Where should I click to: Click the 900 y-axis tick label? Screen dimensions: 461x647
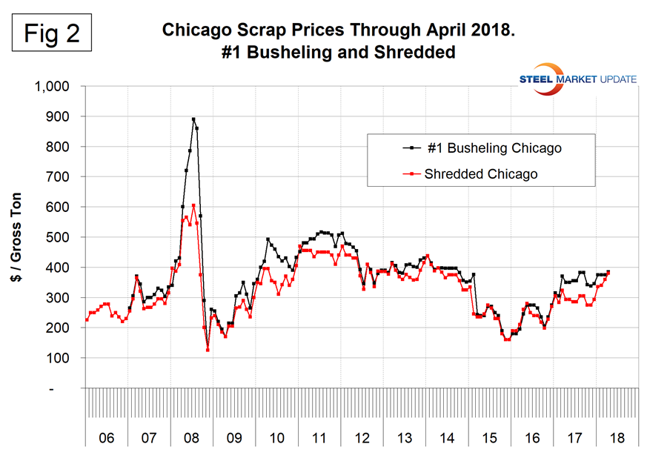[59, 117]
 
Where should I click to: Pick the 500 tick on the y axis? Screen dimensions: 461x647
[59, 237]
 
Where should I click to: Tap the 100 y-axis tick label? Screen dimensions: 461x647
[59, 358]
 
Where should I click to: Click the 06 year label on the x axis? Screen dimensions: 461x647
[106, 438]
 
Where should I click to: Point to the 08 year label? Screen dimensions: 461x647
[191, 438]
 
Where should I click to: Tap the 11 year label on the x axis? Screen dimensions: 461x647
[319, 438]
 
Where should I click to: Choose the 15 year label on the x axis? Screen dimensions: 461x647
[489, 438]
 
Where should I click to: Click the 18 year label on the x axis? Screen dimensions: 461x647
[617, 438]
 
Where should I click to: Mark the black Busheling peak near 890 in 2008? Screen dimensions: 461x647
[193, 119]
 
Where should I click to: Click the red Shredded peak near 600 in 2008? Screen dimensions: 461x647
[193, 206]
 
